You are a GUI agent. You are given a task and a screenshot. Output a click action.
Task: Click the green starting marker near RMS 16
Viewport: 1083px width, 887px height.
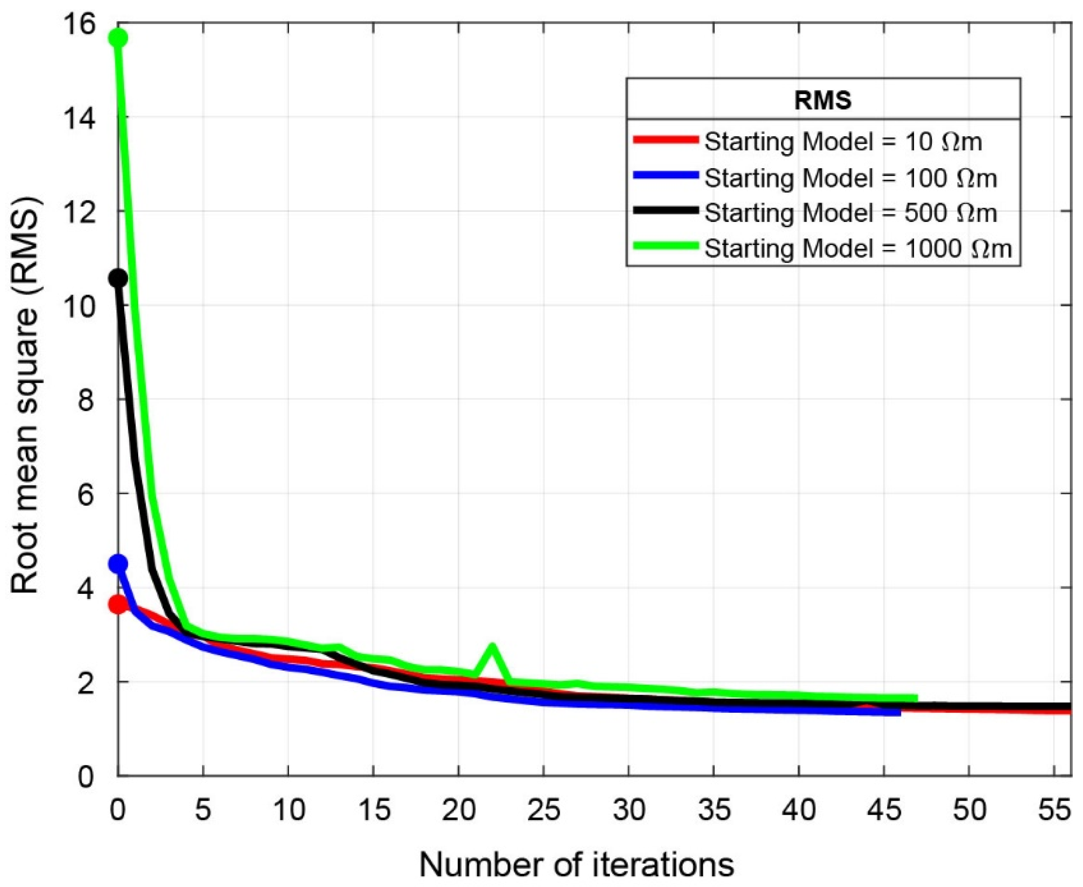coord(119,38)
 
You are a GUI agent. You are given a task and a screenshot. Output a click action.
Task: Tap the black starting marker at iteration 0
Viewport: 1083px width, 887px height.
coord(119,279)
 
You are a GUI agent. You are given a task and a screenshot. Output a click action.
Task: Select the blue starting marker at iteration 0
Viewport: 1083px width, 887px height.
coord(119,564)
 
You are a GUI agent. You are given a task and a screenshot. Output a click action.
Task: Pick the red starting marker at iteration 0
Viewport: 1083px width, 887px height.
coord(119,605)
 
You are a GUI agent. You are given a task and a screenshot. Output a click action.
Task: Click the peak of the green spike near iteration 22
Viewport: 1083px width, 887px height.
coord(493,646)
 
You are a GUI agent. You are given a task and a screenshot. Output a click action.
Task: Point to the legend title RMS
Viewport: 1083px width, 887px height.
coord(823,101)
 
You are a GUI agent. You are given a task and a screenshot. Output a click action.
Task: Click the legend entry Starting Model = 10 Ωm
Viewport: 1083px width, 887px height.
coord(843,141)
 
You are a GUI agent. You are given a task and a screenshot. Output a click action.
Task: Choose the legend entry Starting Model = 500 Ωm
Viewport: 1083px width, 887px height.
coord(851,213)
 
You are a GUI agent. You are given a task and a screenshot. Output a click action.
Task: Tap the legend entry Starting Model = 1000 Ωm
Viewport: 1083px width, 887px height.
coord(858,248)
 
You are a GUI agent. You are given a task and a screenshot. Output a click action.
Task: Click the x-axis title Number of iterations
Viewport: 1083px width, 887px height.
coord(577,864)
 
